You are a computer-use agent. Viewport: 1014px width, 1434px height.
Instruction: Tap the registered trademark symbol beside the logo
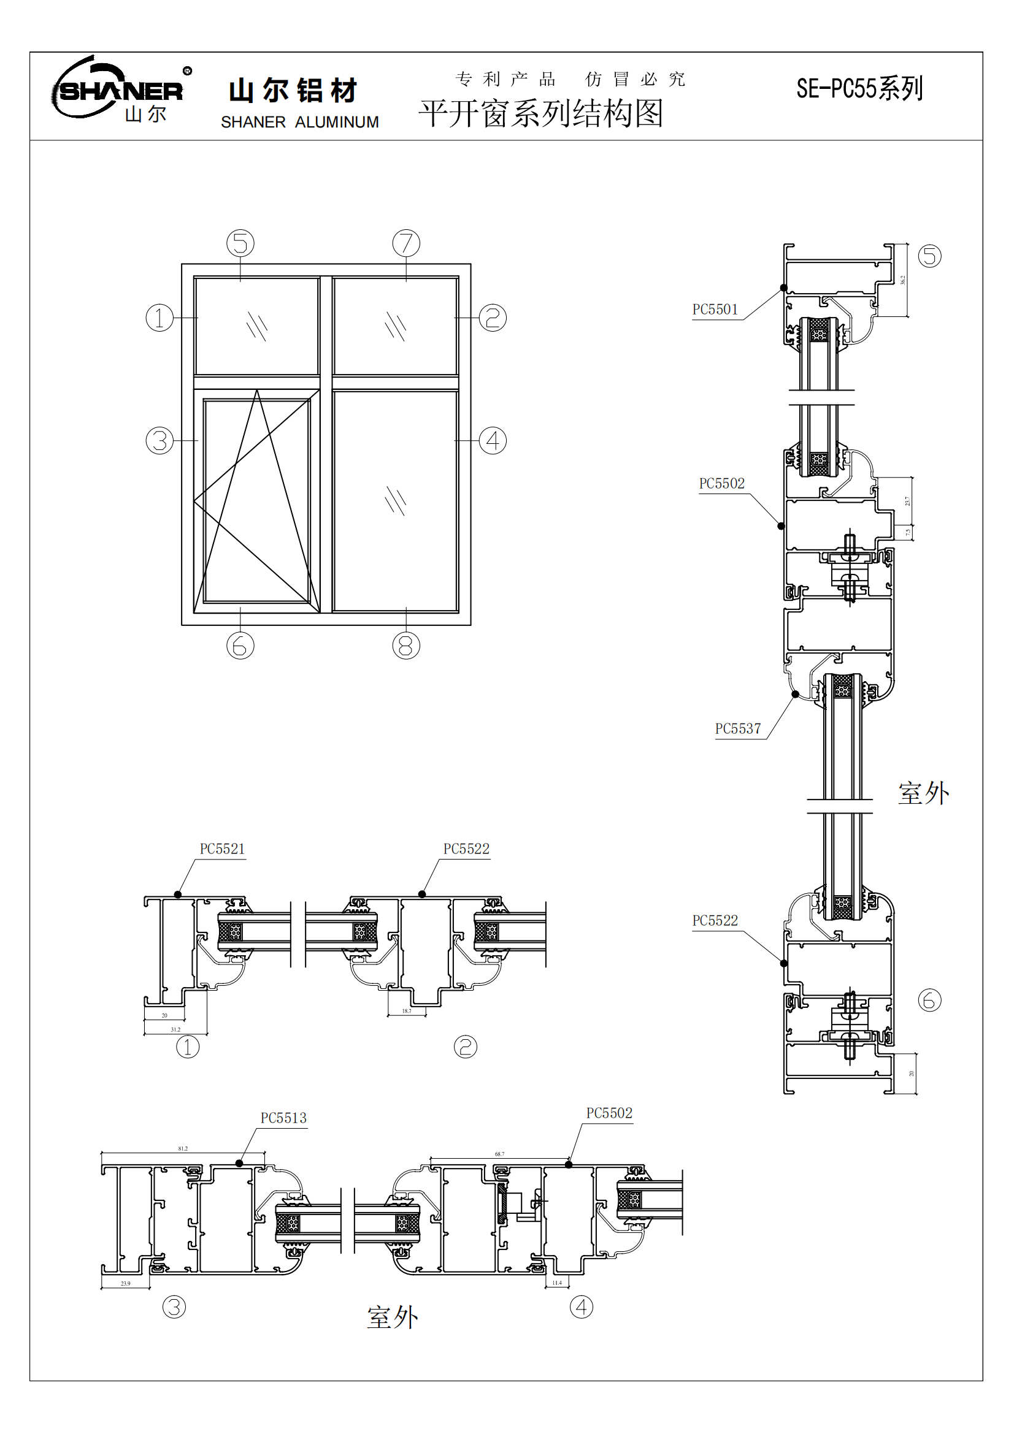tap(188, 71)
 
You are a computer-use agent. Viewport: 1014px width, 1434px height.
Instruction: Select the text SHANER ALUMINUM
tap(300, 123)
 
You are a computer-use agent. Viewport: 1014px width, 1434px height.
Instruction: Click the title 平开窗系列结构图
tap(541, 113)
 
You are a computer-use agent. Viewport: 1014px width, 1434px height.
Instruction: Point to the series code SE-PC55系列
tap(859, 89)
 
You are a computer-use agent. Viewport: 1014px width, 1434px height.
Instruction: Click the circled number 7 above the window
tap(406, 243)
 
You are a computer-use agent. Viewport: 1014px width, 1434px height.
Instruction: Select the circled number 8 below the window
tap(406, 645)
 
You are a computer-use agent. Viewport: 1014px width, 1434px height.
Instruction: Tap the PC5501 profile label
tap(715, 310)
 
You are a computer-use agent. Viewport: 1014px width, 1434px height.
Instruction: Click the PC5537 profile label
tap(738, 729)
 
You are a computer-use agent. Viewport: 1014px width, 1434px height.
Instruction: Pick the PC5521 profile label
tap(223, 849)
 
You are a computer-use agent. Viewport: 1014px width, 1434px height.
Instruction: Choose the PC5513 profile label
tap(283, 1118)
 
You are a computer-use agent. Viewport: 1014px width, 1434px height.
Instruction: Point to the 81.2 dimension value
tap(183, 1148)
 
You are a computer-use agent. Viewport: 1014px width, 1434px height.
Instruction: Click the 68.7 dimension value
tap(500, 1154)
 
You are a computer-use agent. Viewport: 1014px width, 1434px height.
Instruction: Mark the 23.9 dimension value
tap(126, 1283)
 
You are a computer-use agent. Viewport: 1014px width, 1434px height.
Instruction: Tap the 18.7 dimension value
tap(407, 1011)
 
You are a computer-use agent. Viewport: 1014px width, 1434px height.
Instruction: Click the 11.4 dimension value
tap(557, 1283)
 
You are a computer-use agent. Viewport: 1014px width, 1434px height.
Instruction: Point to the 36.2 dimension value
tap(903, 280)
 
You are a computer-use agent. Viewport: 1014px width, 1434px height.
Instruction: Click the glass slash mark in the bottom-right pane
tap(396, 500)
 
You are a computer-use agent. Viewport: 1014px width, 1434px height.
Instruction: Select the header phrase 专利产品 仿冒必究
tap(570, 79)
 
